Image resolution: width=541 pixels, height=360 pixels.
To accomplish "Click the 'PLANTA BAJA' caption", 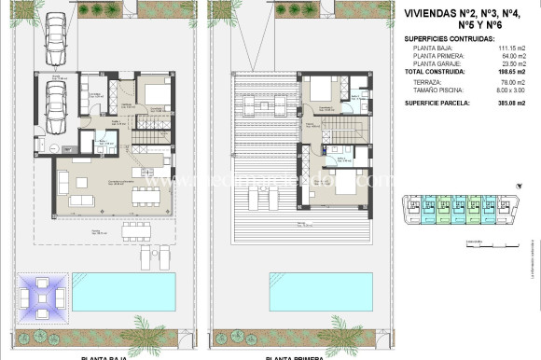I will point(104,356).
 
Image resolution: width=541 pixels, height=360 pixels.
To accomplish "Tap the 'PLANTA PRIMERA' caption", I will point(294,356).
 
